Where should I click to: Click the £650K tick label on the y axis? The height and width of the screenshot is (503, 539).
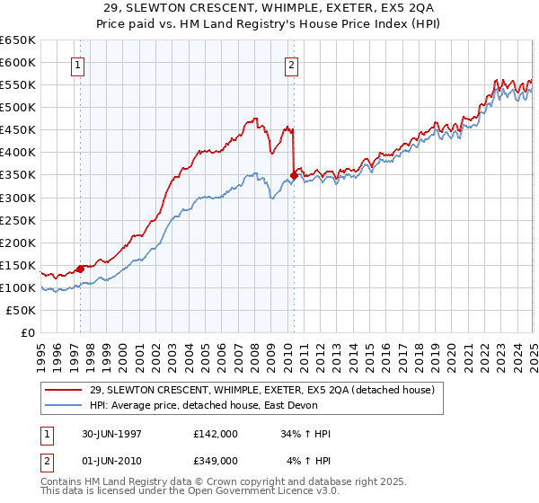[x=17, y=40]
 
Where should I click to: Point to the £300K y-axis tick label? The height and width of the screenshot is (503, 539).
[x=17, y=198]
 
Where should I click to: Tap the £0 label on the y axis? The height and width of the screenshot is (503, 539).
[x=28, y=332]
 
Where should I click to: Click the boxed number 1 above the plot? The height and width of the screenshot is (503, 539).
[x=79, y=65]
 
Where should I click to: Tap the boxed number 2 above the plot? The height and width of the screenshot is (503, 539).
[x=293, y=65]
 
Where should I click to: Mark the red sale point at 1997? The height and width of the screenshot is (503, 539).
[x=80, y=269]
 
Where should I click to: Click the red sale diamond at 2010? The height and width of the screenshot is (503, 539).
[x=294, y=175]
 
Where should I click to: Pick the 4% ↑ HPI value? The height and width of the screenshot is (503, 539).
[x=309, y=460]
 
